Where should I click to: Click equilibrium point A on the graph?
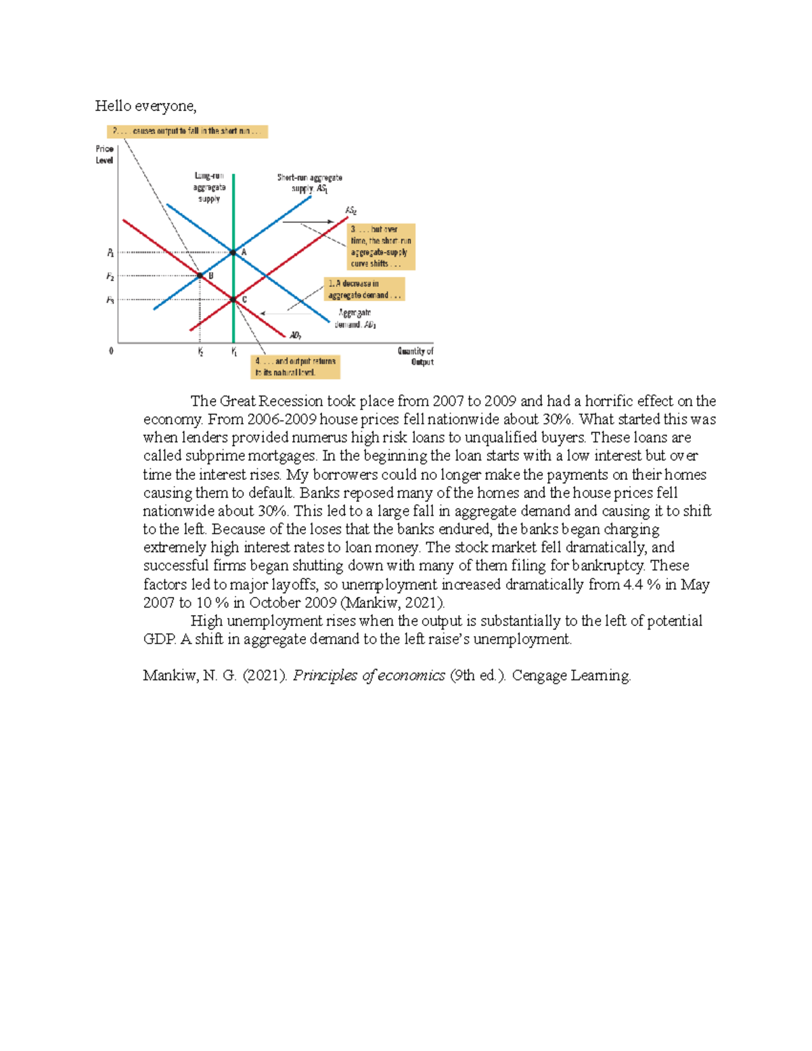pyautogui.click(x=233, y=252)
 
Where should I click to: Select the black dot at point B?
pyautogui.click(x=200, y=275)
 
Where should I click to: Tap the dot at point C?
pyautogui.click(x=233, y=299)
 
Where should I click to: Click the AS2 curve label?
pyautogui.click(x=351, y=210)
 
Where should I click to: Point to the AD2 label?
pyautogui.click(x=295, y=336)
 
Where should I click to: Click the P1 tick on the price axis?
pyautogui.click(x=110, y=253)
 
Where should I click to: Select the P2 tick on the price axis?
pyautogui.click(x=110, y=276)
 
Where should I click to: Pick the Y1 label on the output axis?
pyautogui.click(x=234, y=352)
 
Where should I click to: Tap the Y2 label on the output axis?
pyautogui.click(x=200, y=352)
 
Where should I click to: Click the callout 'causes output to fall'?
pyautogui.click(x=187, y=131)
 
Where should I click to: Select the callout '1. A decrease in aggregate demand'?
pyautogui.click(x=364, y=289)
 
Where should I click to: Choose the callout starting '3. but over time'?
pyautogui.click(x=381, y=246)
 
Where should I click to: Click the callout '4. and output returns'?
pyautogui.click(x=295, y=367)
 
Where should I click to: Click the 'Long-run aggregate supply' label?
pyautogui.click(x=209, y=187)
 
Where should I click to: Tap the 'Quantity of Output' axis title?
pyautogui.click(x=416, y=356)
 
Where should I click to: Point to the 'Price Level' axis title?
pyautogui.click(x=104, y=154)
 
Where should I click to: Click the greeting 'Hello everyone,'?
pyautogui.click(x=145, y=106)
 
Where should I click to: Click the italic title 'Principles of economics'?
pyautogui.click(x=369, y=675)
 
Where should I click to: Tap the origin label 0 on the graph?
pyautogui.click(x=111, y=351)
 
